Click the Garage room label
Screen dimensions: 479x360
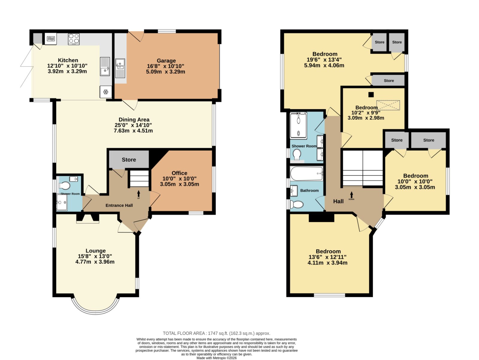(166, 61)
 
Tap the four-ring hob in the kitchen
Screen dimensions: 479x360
(74, 39)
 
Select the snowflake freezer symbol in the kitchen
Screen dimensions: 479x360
(106, 92)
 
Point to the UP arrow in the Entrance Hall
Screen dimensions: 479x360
(139, 193)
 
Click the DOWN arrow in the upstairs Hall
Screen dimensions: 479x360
(351, 195)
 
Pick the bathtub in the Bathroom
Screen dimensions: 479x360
(307, 174)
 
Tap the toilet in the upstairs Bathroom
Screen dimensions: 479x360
(297, 204)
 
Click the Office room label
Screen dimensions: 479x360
(179, 173)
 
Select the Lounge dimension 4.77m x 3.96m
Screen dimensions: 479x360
(95, 262)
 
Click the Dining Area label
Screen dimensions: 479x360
(134, 119)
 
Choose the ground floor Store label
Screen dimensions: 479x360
(129, 160)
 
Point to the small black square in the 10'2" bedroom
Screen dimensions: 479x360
(371, 95)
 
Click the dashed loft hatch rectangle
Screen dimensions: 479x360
(388, 105)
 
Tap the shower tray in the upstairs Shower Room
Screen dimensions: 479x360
(298, 125)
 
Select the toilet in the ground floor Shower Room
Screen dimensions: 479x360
(64, 186)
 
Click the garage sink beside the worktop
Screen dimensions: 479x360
(120, 68)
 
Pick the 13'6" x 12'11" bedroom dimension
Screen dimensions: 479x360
(328, 257)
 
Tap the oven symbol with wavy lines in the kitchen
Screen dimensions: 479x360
(51, 39)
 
